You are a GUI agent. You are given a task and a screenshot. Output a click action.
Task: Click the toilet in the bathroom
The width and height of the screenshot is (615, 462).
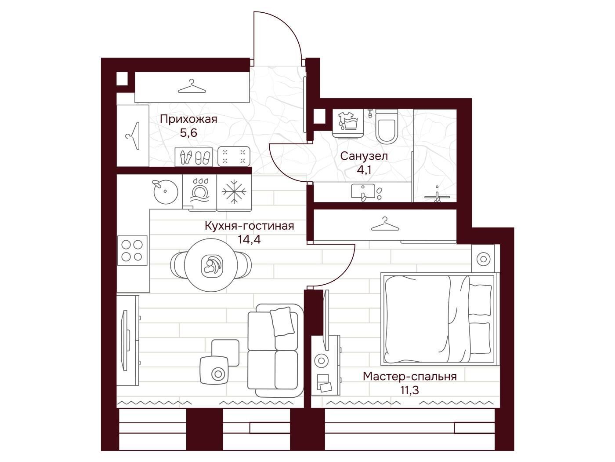click(387, 127)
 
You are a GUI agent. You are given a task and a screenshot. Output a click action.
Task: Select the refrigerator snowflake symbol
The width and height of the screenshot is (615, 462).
click(234, 191)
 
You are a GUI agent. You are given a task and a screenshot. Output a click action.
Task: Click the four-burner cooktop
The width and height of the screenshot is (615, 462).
click(132, 250)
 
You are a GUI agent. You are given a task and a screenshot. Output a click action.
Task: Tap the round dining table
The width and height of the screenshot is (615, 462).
click(211, 265)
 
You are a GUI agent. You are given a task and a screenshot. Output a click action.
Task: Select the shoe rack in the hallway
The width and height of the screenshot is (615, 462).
click(194, 157)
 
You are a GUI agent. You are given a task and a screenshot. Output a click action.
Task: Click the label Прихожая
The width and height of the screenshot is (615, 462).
click(188, 120)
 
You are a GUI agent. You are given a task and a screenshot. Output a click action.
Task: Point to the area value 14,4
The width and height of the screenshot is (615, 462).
click(250, 239)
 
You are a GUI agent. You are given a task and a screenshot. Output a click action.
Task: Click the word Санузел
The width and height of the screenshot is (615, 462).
click(364, 156)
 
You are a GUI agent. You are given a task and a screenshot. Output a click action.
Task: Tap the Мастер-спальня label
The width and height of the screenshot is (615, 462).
click(409, 377)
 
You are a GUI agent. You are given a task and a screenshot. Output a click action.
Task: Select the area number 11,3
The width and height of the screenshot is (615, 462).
click(409, 390)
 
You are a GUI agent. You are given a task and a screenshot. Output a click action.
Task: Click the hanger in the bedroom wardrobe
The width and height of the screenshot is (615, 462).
click(385, 224)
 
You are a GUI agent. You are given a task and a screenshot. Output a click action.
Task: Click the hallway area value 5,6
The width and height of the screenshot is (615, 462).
click(188, 133)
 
